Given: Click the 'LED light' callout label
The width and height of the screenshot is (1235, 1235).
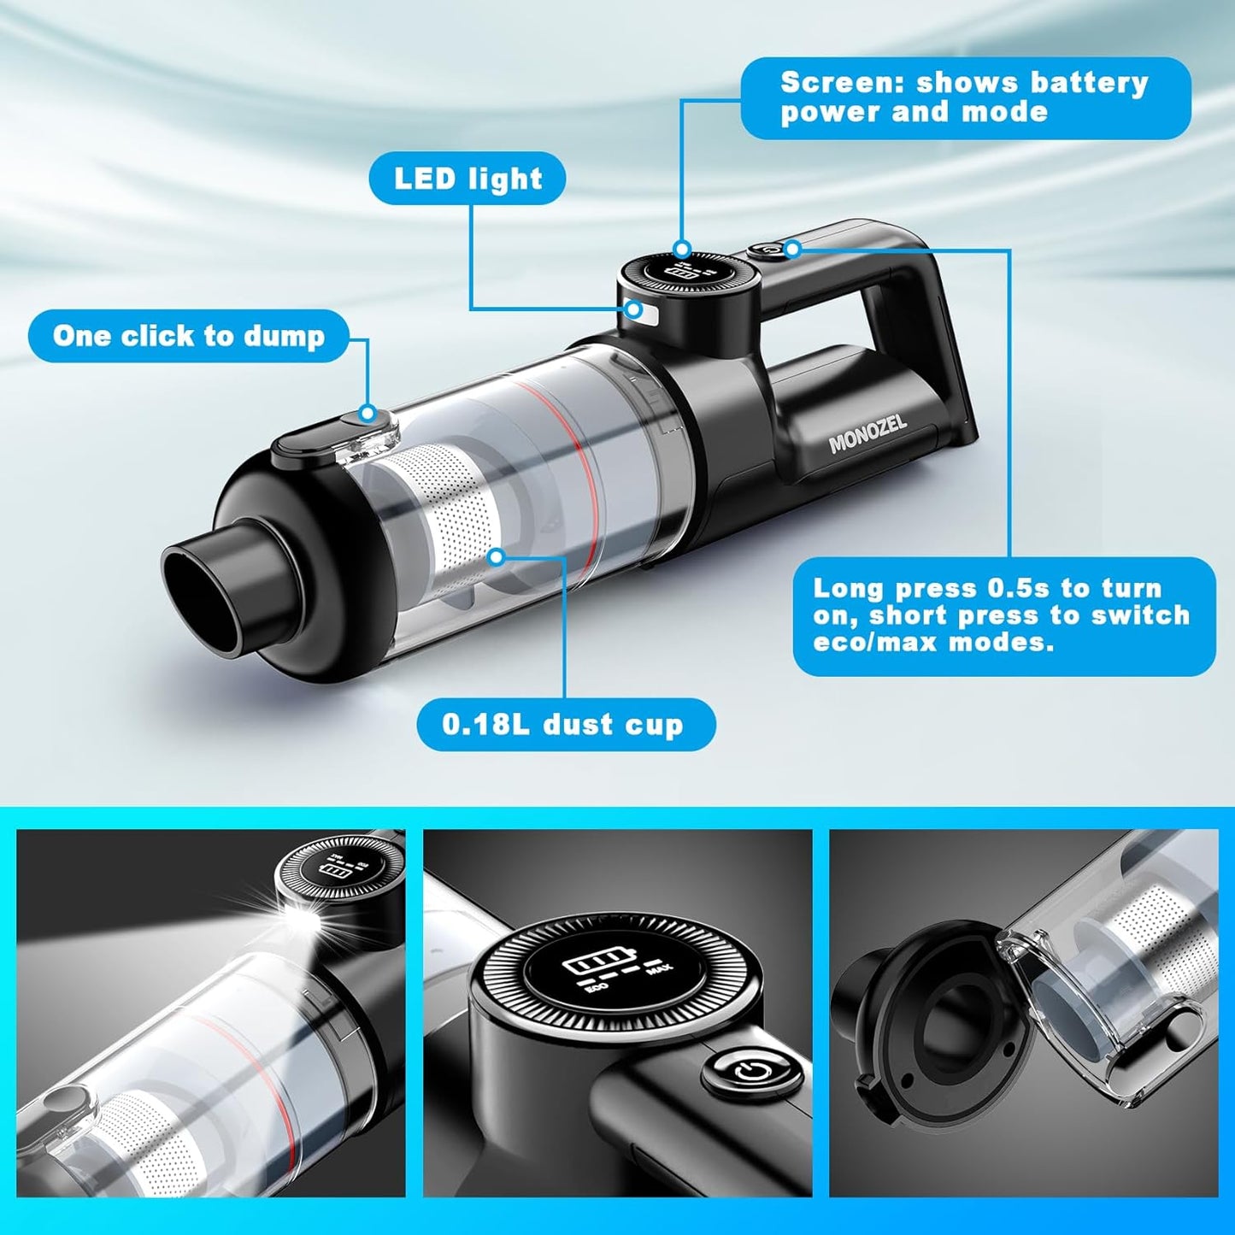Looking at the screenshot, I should coord(468,179).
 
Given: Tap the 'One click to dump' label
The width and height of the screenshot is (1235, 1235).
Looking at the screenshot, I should coord(189,336).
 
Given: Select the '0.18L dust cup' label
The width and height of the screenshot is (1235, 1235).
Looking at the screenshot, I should coord(563,725).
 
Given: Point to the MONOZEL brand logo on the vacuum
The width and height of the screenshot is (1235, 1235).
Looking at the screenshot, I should coord(867,433).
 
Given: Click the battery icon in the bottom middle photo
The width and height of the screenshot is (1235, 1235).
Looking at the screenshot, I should coord(590,965).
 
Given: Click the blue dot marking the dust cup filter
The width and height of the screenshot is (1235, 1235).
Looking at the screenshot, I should coord(496,557).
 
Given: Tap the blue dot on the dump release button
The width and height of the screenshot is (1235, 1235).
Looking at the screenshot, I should coord(368,414).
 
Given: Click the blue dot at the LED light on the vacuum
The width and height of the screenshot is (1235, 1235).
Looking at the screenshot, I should coord(634,309).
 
